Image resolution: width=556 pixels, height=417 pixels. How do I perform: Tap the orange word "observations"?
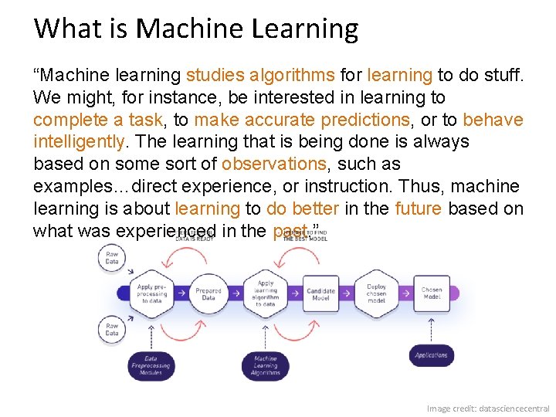click(274, 164)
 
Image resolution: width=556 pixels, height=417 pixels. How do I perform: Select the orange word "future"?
click(419, 209)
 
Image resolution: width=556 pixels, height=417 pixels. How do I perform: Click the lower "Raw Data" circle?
click(112, 331)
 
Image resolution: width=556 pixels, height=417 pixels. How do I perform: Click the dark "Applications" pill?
click(431, 355)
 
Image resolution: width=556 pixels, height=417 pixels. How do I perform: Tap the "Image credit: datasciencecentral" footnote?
click(488, 408)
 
